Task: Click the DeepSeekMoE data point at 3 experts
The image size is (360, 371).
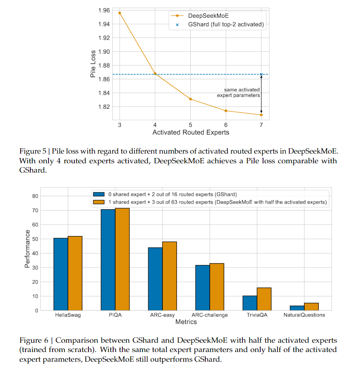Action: (x=120, y=13)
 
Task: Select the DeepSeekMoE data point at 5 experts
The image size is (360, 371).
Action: (x=190, y=99)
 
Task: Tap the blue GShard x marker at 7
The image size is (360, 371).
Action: (x=261, y=74)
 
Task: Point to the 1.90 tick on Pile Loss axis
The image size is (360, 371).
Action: (x=104, y=52)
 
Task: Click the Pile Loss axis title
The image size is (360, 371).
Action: (x=93, y=63)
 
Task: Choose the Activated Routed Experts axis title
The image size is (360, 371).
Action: (x=191, y=132)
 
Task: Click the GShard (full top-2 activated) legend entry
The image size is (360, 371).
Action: (x=220, y=24)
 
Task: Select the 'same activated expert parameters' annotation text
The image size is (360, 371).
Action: (x=238, y=93)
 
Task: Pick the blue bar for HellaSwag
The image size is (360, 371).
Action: (x=61, y=274)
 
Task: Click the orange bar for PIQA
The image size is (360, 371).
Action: (x=122, y=259)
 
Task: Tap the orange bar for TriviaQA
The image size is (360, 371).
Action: (x=264, y=299)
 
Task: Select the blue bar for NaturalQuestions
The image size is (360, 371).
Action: (x=297, y=308)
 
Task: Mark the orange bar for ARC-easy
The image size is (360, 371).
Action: (x=170, y=276)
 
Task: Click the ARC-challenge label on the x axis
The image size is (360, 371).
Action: (x=210, y=315)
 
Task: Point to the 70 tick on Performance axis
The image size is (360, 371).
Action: (x=35, y=210)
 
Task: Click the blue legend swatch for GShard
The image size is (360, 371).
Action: (x=99, y=194)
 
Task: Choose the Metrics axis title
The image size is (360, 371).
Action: (x=186, y=322)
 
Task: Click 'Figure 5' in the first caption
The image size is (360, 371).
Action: (x=33, y=151)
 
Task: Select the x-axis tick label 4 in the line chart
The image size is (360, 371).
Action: (x=155, y=125)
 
